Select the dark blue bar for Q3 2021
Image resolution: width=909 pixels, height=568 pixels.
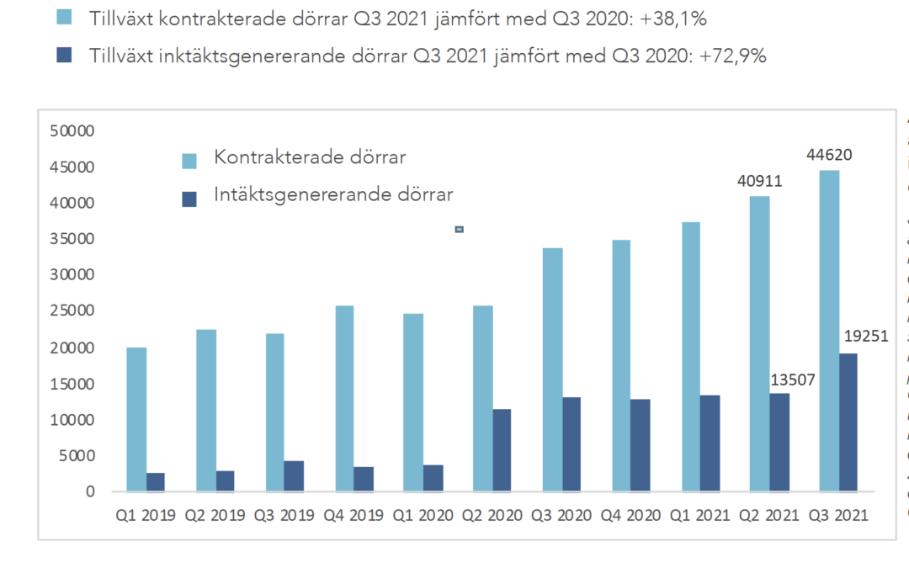[x=847, y=422]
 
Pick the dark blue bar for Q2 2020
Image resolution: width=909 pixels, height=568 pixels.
[x=502, y=450]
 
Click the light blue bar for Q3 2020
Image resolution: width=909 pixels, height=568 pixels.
[x=552, y=369]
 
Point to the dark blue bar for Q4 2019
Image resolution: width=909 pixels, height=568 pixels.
[x=364, y=479]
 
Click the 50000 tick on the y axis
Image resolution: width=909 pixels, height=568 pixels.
[x=75, y=131]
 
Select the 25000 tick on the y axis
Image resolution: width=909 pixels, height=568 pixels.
[x=75, y=311]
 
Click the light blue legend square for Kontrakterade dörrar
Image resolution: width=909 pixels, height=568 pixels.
[x=190, y=160]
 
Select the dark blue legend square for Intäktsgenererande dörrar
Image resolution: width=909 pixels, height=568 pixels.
[x=190, y=199]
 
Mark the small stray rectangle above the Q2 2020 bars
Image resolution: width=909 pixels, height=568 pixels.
[x=460, y=229]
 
